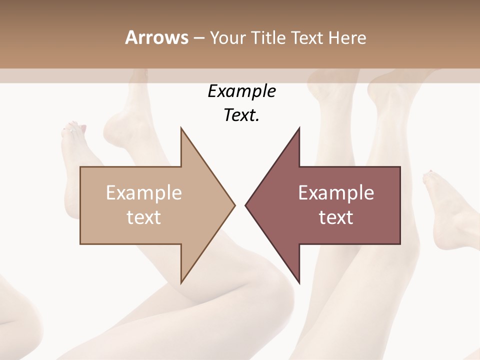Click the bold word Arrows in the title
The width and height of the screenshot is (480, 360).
coord(156,37)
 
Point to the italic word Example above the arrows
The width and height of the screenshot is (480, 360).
coord(241,91)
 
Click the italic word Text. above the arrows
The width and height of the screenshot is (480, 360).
coord(241,115)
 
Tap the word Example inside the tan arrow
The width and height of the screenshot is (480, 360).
coord(144,193)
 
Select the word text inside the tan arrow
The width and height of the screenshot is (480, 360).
coord(144,217)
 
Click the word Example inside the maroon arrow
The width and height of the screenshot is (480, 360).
coord(336,193)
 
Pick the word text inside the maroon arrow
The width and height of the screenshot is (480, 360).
coord(336,217)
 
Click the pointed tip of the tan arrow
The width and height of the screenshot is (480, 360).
coord(234,205)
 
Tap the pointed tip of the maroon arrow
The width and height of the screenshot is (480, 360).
coord(246,205)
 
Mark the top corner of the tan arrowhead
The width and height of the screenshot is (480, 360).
coord(181,128)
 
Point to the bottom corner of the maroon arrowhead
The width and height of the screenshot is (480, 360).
coord(299,283)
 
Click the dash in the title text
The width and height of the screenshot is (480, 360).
coord(198,38)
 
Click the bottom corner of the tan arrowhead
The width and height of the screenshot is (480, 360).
coord(181,283)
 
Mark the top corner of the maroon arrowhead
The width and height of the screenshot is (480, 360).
coord(299,128)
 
